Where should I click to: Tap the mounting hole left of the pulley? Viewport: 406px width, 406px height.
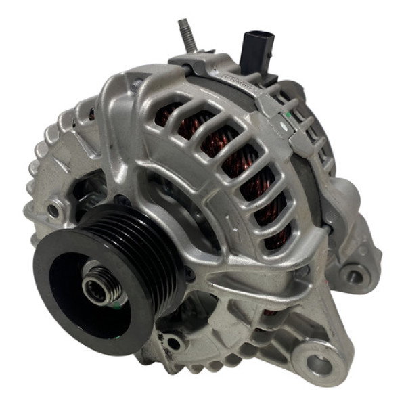tap(51, 210)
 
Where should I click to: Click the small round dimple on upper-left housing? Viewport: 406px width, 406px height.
tap(138, 85)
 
